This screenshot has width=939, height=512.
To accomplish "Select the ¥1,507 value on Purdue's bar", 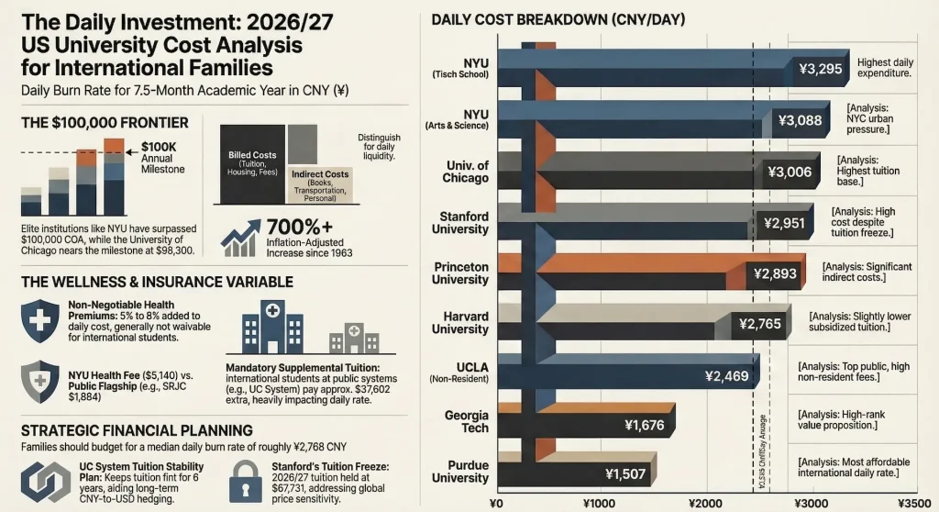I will tap(626, 474).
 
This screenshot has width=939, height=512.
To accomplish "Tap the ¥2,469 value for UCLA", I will tap(727, 375).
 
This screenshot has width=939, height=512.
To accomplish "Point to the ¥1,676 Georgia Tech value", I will tap(645, 425).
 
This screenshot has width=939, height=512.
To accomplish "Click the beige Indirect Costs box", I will tap(321, 183).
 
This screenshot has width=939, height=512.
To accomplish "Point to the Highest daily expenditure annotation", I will tap(884, 68).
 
